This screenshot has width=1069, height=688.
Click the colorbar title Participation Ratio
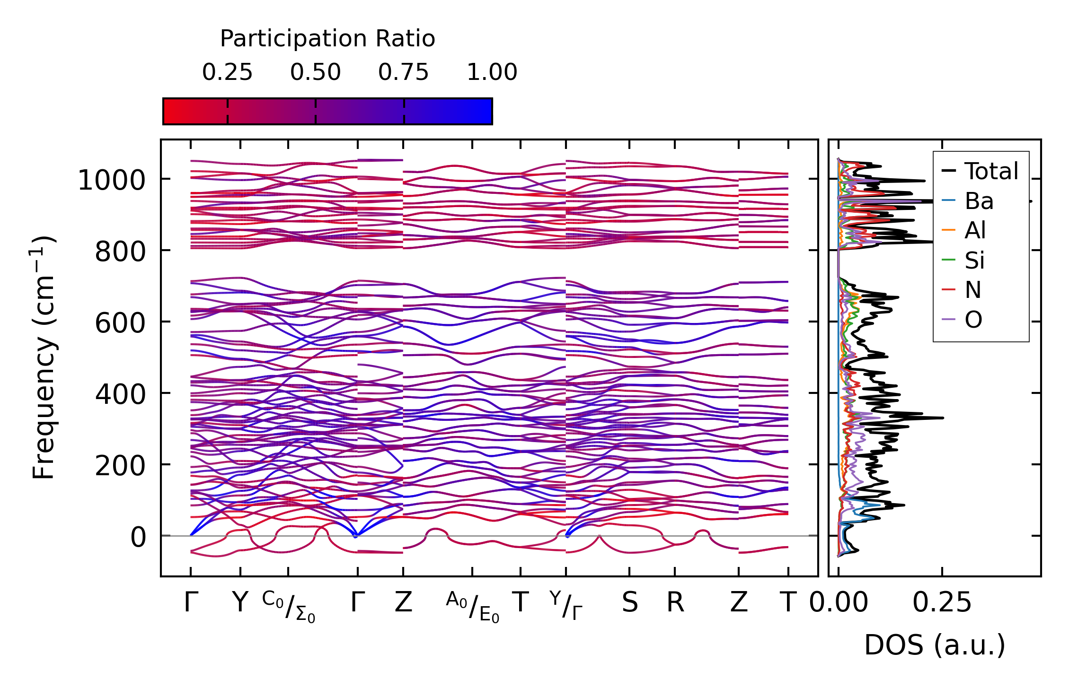click(327, 39)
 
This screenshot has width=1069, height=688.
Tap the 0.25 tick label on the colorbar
click(227, 72)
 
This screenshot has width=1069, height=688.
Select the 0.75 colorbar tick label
click(403, 72)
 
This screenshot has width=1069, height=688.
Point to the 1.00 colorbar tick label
click(492, 72)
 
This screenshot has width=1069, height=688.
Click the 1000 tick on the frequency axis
click(111, 181)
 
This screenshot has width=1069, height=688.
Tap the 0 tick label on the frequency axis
click(139, 538)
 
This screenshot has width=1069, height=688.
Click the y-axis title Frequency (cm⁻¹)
click(44, 358)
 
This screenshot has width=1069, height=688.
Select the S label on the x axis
click(629, 603)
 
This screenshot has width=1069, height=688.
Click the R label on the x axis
click(675, 603)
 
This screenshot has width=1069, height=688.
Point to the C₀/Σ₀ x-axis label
click(289, 607)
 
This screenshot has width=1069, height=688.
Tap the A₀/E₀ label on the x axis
click(472, 607)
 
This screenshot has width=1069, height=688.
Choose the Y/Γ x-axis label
click(566, 605)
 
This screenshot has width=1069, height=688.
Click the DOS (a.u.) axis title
click(935, 645)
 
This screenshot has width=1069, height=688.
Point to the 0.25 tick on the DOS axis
click(942, 603)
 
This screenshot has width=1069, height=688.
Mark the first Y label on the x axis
click(240, 603)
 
